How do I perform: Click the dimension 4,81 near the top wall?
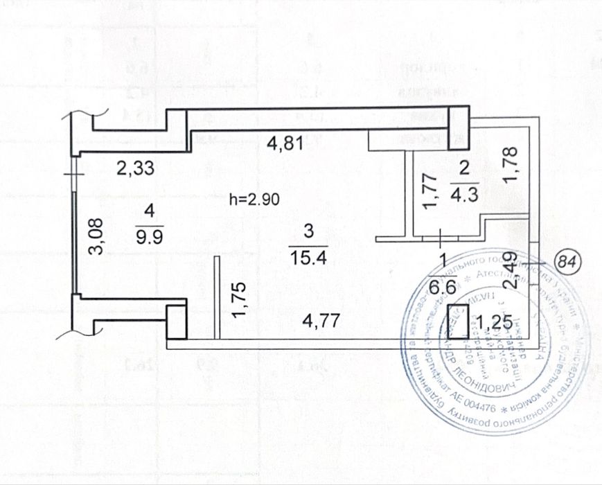[x=284, y=145]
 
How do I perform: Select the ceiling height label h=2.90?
[x=254, y=200]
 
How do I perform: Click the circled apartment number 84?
[x=568, y=263]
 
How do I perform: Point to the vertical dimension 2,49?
[x=511, y=272]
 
